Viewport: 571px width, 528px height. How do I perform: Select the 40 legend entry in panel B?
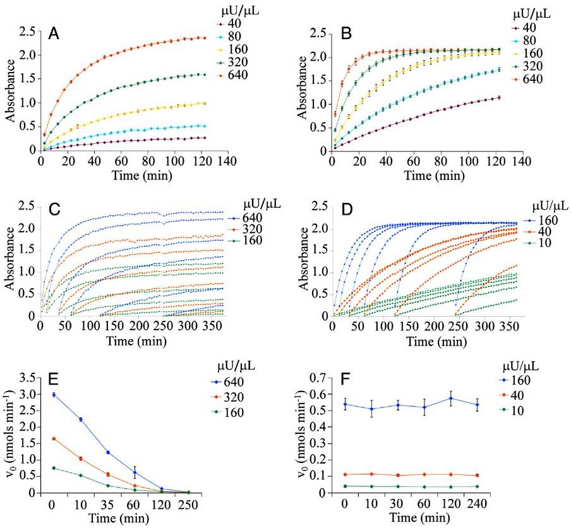point(526,28)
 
